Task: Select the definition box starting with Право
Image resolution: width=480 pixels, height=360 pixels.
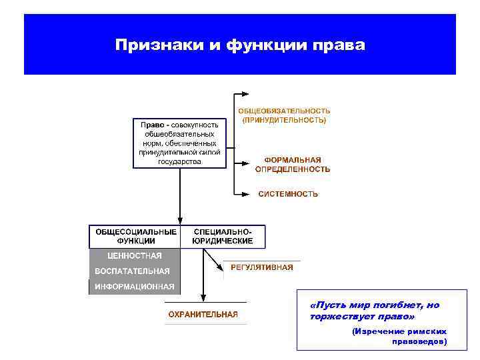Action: (x=179, y=143)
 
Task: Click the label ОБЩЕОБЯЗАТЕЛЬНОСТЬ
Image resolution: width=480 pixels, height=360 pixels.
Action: (x=284, y=111)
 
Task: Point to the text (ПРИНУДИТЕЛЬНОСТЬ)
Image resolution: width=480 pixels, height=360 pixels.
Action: (x=284, y=121)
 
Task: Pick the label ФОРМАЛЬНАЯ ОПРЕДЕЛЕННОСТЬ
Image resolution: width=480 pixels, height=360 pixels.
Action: (x=292, y=165)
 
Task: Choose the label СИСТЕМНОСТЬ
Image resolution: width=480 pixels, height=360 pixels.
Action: (x=288, y=194)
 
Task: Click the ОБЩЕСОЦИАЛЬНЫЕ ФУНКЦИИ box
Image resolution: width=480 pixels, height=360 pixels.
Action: (x=136, y=236)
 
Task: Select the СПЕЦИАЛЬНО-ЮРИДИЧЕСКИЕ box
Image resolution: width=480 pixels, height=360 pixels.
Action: (x=223, y=236)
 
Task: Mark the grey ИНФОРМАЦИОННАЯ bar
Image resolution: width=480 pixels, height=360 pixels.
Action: (x=134, y=287)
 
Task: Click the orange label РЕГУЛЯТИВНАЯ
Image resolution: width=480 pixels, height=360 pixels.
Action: (x=261, y=267)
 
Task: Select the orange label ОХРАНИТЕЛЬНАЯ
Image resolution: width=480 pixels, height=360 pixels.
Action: (x=203, y=315)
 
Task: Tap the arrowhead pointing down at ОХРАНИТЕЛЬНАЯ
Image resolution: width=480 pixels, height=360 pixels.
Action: (x=203, y=299)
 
